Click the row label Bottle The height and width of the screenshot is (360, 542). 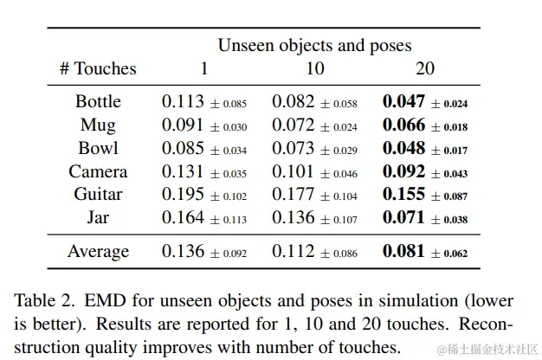point(98,101)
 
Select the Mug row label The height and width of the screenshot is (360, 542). point(98,125)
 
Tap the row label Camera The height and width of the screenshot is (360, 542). point(98,171)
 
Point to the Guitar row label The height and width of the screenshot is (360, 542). point(98,195)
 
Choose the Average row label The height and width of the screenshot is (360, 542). point(98,252)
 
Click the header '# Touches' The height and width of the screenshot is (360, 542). point(98,68)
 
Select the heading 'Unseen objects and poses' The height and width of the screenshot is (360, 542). point(314,44)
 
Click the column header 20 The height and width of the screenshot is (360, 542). point(425,68)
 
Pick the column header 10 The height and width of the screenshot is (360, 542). point(314,68)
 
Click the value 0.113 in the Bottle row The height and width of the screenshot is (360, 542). point(181,101)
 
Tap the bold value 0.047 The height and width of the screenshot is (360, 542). point(403,101)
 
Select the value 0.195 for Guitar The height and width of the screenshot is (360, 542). point(181,195)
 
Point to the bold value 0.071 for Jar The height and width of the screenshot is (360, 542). point(403,218)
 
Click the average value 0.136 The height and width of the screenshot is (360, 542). point(181,252)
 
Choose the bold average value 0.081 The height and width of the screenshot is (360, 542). point(403,252)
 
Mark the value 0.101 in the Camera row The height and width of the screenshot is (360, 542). point(292,171)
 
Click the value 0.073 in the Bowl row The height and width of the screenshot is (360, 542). point(292,148)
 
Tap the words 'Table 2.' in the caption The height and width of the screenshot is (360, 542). point(42,301)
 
